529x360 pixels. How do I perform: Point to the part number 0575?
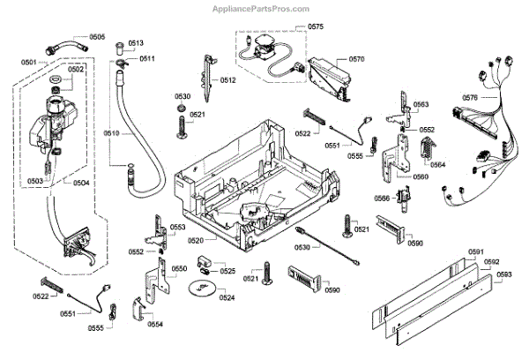[315, 28]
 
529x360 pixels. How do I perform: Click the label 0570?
[356, 59]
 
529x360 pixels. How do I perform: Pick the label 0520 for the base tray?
[196, 240]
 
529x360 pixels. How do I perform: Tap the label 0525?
[227, 271]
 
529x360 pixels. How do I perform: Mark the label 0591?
[476, 252]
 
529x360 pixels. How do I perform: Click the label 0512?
[227, 80]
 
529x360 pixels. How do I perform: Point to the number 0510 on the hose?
[111, 132]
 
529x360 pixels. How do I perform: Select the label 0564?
[437, 164]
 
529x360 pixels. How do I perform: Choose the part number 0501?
[28, 63]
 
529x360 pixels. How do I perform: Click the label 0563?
[421, 105]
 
